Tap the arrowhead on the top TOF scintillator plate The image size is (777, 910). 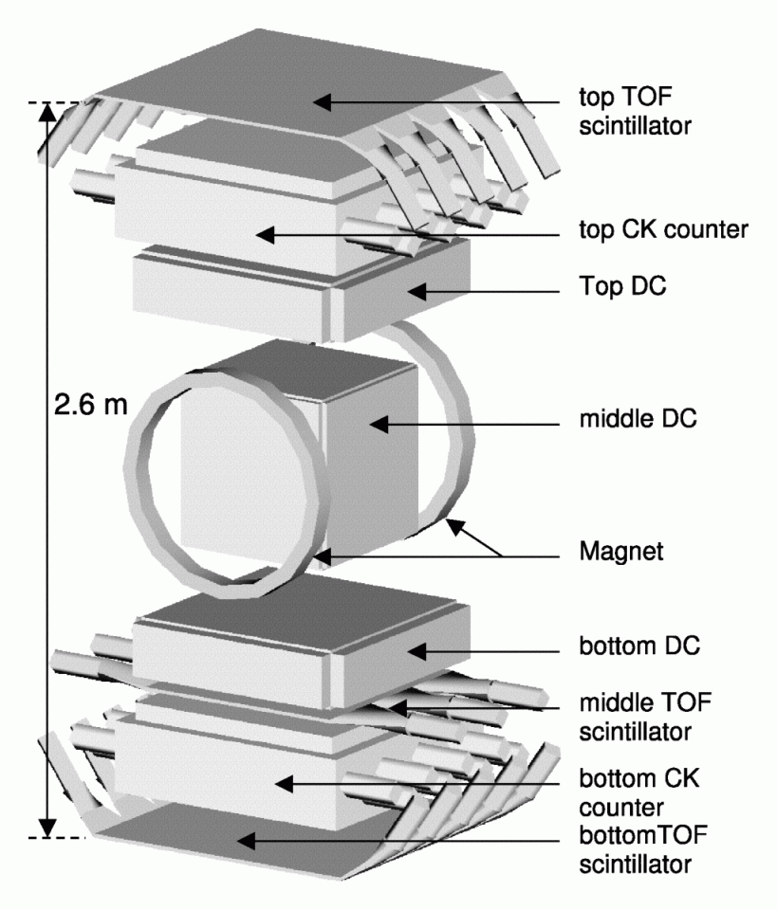coord(323,99)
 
